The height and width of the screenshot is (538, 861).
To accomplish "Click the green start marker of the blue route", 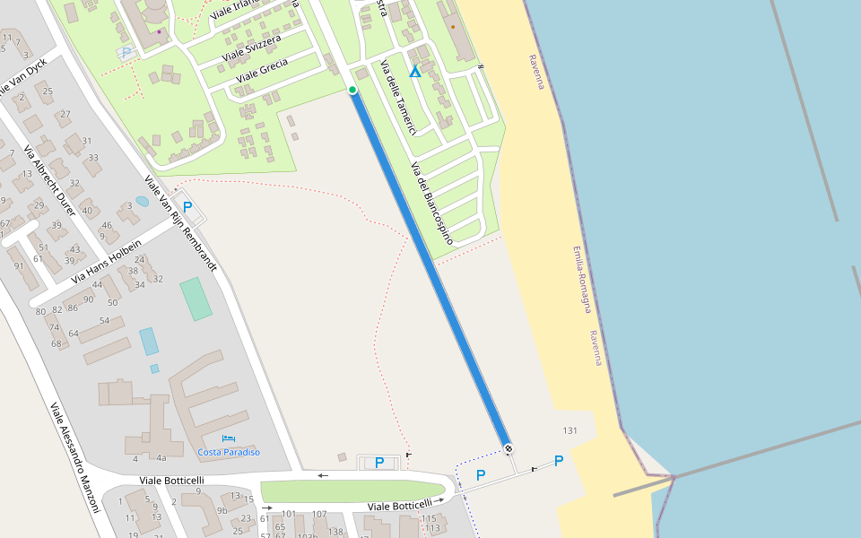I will (352, 90).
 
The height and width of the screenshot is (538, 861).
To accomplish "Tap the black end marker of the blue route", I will (509, 448).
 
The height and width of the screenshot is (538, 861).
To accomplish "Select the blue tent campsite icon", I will (414, 71).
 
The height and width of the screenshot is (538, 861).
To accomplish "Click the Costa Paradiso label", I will (229, 452).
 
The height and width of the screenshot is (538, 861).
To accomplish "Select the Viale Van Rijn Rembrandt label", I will (180, 223).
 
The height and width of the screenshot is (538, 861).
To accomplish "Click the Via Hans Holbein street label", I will (107, 261).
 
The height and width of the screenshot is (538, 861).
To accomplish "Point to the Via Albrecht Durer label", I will (50, 179).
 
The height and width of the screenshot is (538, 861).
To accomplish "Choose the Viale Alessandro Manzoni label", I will (74, 458).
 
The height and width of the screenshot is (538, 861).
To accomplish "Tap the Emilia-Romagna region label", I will (582, 279).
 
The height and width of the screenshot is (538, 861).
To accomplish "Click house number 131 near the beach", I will (570, 431).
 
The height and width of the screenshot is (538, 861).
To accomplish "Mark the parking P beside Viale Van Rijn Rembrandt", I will (187, 206).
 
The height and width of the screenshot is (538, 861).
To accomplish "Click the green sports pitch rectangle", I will (196, 299).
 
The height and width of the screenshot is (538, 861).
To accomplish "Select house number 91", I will (19, 266).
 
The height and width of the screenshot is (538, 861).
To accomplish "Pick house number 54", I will (105, 320).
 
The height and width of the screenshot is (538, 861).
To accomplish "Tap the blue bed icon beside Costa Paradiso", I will (229, 438).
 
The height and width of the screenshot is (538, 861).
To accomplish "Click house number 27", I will (65, 114).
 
